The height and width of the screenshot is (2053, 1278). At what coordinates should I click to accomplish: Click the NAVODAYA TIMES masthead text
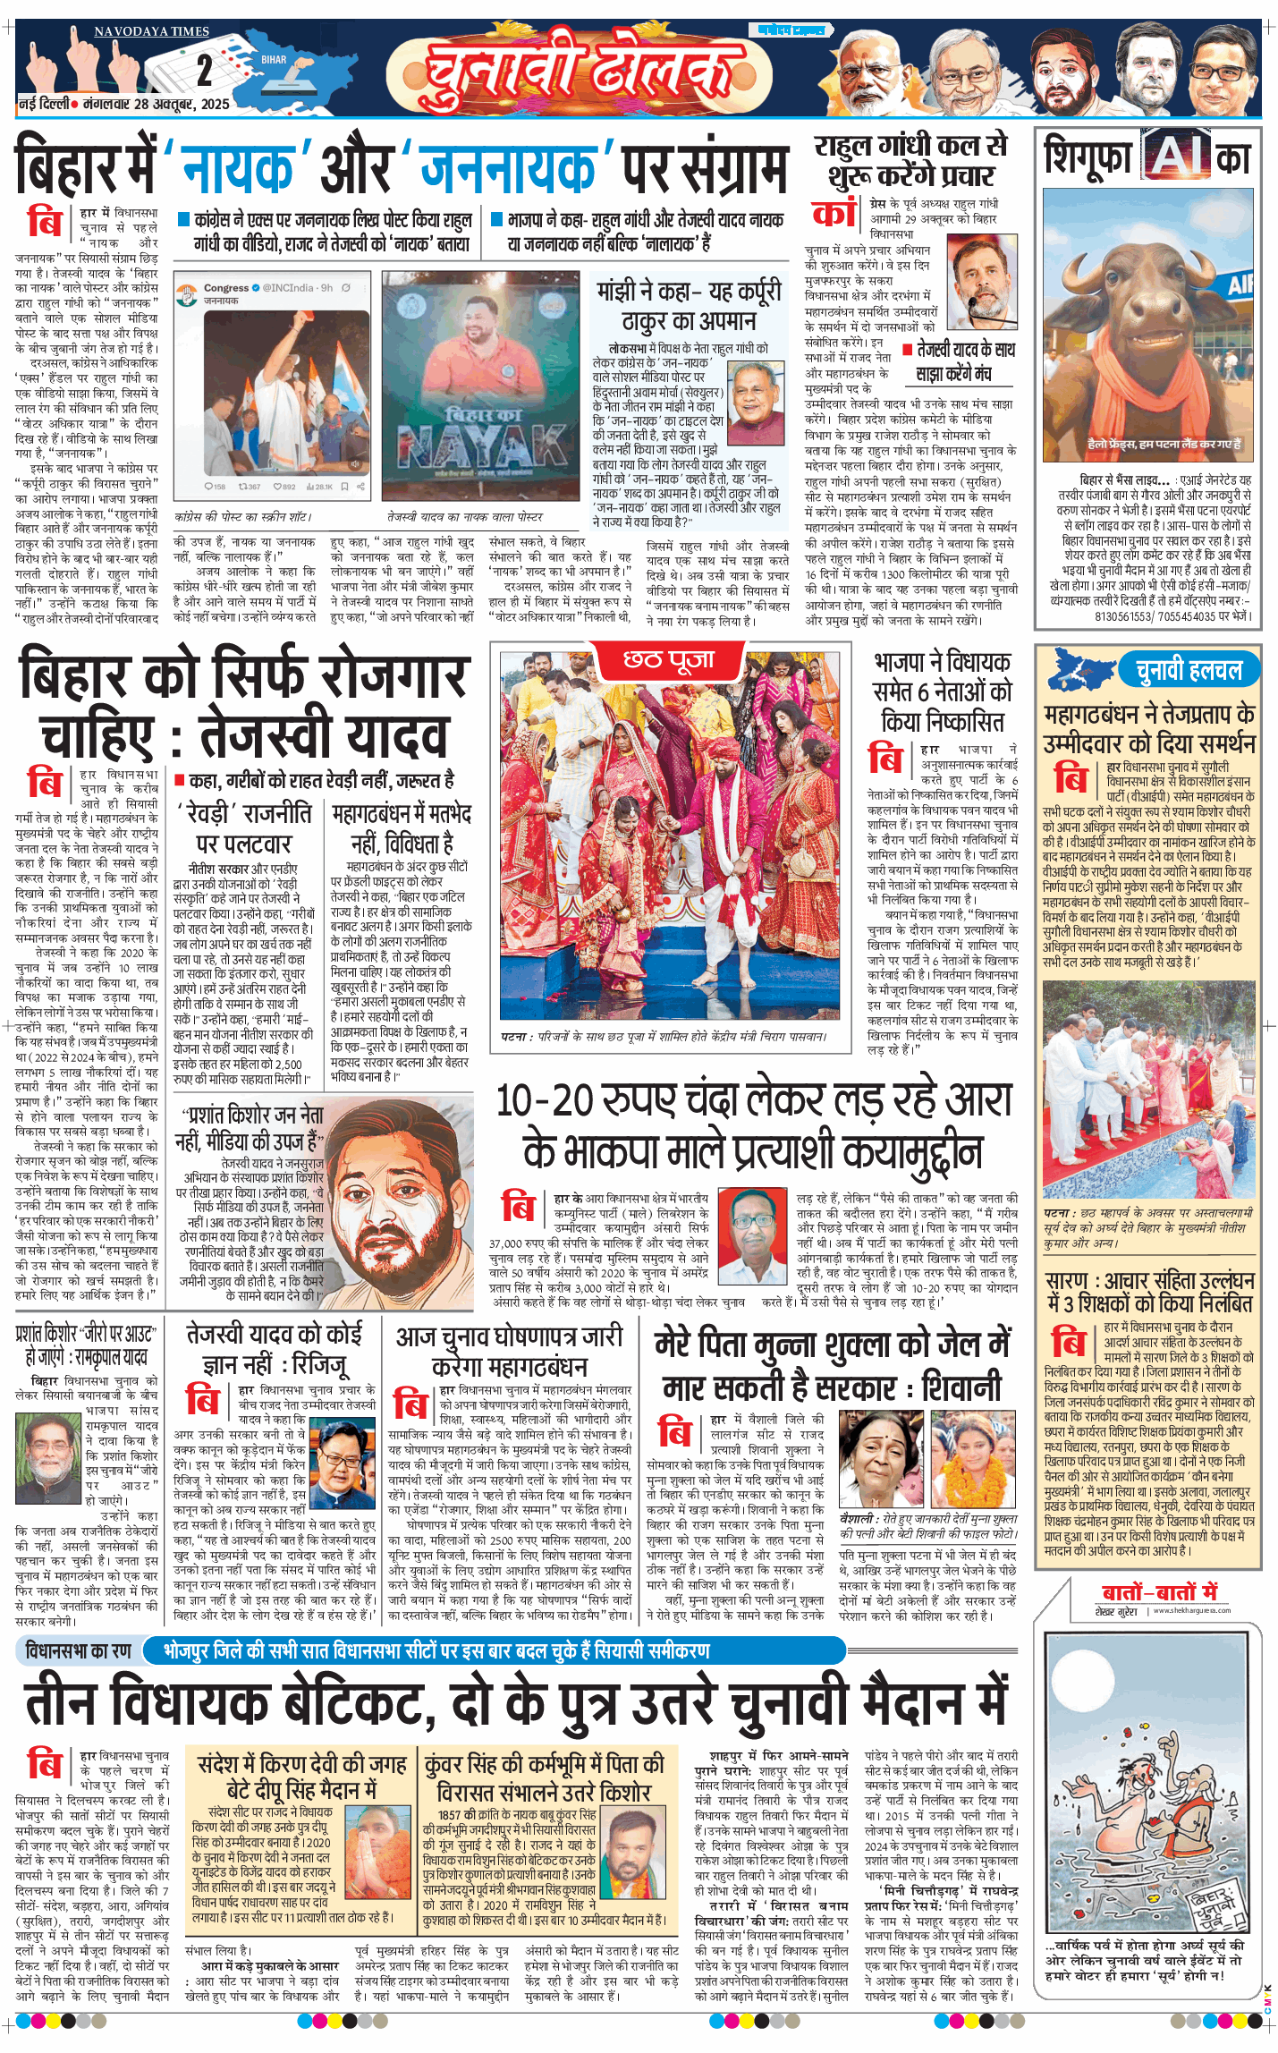point(151,31)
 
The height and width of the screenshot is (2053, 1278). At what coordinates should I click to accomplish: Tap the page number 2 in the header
point(205,71)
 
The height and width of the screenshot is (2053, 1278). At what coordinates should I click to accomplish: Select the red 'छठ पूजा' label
point(668,659)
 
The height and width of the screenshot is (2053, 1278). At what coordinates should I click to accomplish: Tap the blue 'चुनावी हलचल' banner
point(1189,669)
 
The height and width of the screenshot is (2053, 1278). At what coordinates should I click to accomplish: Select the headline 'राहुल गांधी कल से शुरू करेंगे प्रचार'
point(910,160)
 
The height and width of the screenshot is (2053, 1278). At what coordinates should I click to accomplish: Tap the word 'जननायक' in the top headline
point(509,168)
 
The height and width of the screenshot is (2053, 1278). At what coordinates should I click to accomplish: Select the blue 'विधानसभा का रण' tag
point(78,1650)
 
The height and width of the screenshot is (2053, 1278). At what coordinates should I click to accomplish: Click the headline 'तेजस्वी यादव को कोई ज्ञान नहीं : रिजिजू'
point(274,1349)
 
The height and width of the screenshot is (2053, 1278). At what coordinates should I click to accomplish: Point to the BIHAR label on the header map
point(274,60)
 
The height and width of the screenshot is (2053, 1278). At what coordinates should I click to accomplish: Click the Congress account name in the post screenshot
point(226,288)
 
